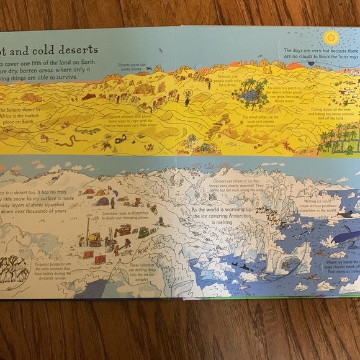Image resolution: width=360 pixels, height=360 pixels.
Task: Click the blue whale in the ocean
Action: point(343,236)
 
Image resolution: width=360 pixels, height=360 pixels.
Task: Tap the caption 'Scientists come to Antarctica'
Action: point(132,215)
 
